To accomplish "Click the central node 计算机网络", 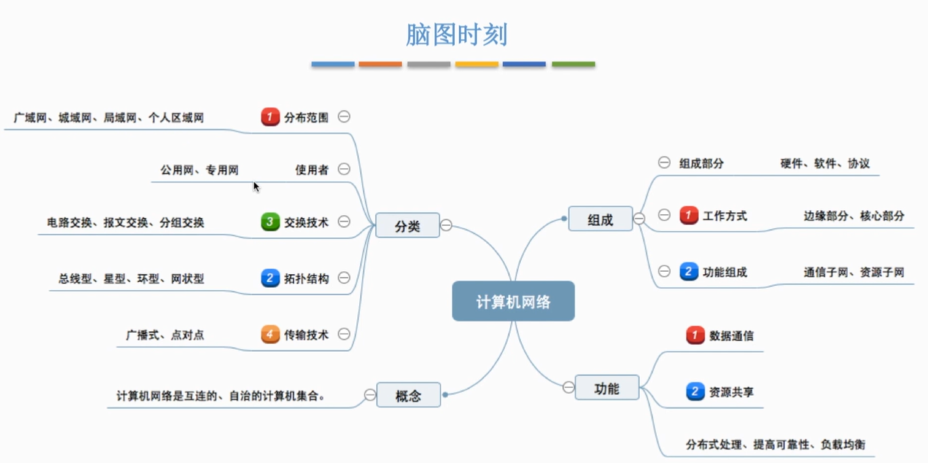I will point(513,301).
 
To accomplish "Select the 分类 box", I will point(407,226).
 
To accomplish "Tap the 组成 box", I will point(600,219).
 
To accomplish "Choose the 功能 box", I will point(607,388).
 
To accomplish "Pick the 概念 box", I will point(408,395).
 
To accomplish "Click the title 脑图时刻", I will point(456,35).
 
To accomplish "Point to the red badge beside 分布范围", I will point(270,117).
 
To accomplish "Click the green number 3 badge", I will point(270,222).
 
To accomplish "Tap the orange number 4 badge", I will point(270,334).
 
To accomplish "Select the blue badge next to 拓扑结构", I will point(270,278).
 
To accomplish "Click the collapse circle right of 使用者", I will point(344,169).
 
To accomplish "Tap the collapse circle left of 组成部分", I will point(664,163).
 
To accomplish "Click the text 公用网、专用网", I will point(199,170).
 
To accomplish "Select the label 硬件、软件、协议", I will point(825,163).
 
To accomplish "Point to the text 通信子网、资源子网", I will point(853,273).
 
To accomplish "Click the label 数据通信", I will point(731,335).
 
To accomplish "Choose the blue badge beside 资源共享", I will point(695,391).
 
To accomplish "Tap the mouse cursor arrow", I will point(256,186).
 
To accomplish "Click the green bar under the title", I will point(573,64).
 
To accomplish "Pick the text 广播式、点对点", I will point(165,335).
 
